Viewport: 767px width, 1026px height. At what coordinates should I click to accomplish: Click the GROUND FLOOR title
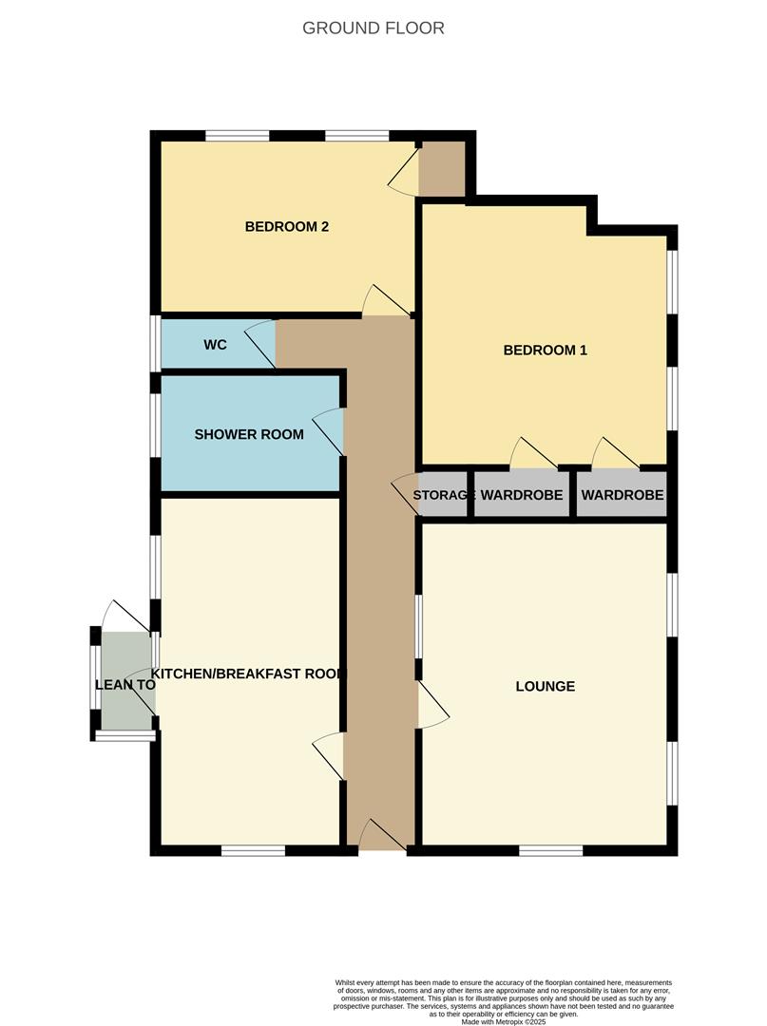click(373, 28)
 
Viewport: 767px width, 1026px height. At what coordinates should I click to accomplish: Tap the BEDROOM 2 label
click(287, 226)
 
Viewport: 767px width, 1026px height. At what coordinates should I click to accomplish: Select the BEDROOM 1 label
click(546, 350)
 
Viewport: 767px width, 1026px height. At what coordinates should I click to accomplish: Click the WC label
click(216, 344)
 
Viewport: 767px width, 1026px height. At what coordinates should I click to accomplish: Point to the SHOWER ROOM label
click(249, 434)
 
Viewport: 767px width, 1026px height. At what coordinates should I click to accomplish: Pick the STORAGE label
click(443, 495)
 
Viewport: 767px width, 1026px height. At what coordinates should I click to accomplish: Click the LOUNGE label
click(546, 687)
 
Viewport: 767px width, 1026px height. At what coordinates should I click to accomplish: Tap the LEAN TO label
click(125, 685)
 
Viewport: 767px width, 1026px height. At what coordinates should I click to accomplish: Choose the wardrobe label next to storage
click(522, 495)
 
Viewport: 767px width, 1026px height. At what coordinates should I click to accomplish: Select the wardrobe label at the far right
click(623, 495)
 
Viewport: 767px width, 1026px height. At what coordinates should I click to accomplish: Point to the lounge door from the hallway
click(433, 704)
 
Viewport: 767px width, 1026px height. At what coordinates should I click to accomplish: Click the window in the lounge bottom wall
click(551, 850)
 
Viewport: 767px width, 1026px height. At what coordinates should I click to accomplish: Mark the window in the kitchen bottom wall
click(253, 850)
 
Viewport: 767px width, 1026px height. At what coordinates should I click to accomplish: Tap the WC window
click(156, 344)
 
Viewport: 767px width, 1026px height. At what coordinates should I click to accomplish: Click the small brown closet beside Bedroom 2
click(442, 168)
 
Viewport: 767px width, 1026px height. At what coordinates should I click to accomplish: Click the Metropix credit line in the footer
click(504, 1021)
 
